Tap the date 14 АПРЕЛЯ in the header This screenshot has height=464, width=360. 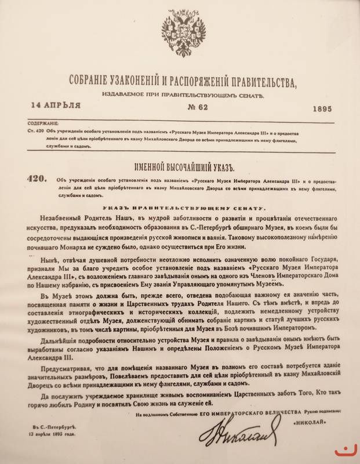click(57, 105)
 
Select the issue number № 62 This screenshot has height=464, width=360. click(181, 108)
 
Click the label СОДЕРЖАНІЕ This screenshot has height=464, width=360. click(43, 124)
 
